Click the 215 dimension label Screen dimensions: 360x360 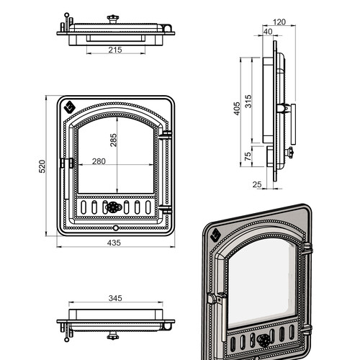point(115,50)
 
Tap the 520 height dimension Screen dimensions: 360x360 point(42,166)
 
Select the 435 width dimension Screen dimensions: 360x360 point(114,243)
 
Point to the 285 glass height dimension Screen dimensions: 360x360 point(113,140)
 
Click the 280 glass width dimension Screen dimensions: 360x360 point(99,161)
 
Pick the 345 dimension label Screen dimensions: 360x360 point(115,298)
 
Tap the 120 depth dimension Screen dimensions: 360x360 point(279,22)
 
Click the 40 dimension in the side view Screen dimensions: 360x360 point(268,32)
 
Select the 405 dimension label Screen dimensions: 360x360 point(237,109)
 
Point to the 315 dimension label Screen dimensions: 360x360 point(248,102)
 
